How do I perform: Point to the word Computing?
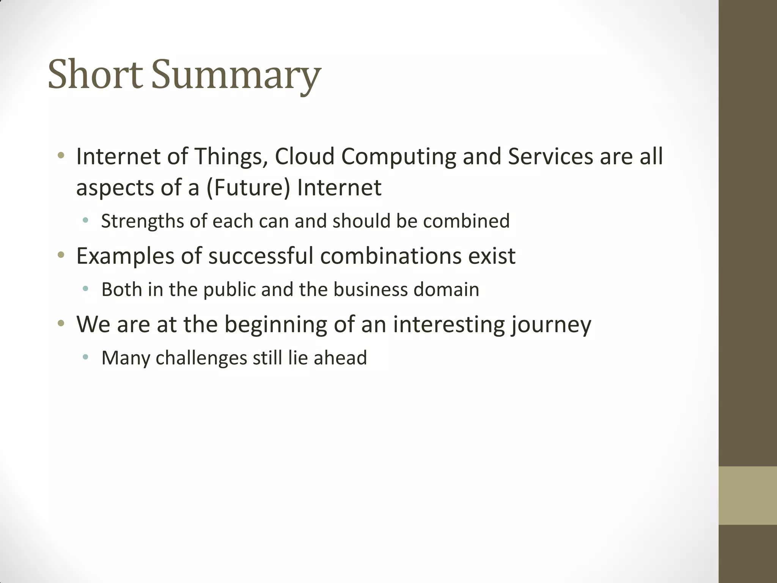click(x=398, y=157)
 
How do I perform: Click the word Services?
click(x=550, y=156)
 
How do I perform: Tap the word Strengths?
click(x=143, y=221)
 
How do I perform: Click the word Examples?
click(x=125, y=256)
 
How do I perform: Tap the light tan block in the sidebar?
click(x=747, y=495)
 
